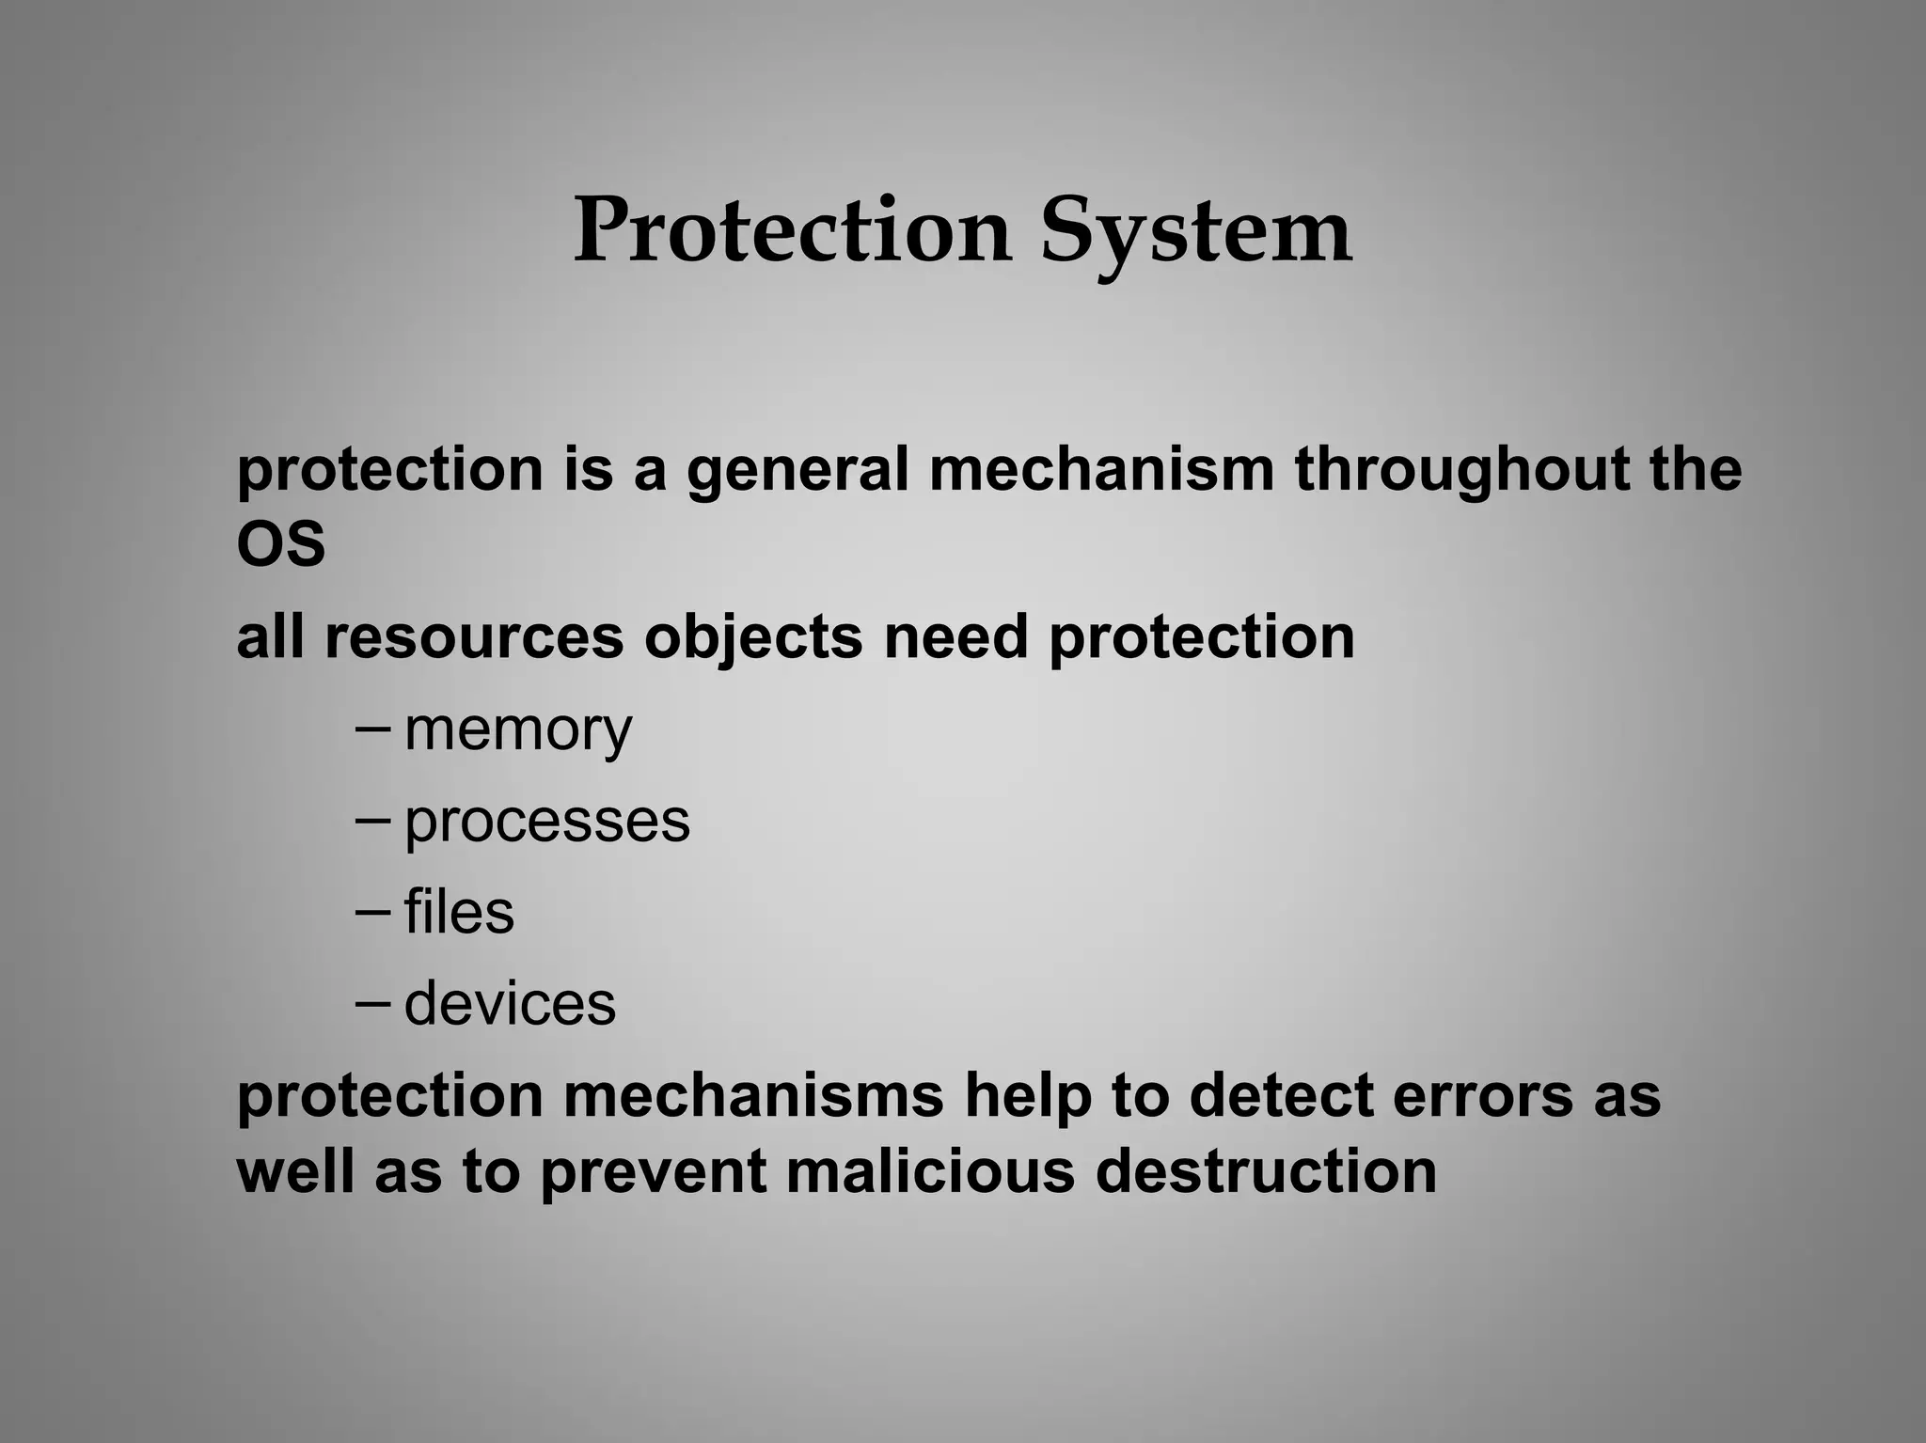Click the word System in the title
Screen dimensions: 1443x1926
1195,232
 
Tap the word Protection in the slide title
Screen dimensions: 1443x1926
792,230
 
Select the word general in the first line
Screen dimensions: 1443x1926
797,470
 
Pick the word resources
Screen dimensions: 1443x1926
474,637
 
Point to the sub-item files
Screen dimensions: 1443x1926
459,912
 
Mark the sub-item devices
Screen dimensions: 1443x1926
510,1003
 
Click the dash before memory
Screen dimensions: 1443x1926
373,729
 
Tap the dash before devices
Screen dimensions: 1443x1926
373,1002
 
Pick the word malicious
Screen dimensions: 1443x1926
930,1172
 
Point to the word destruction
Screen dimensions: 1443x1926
1266,1172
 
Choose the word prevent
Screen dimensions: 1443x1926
654,1174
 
